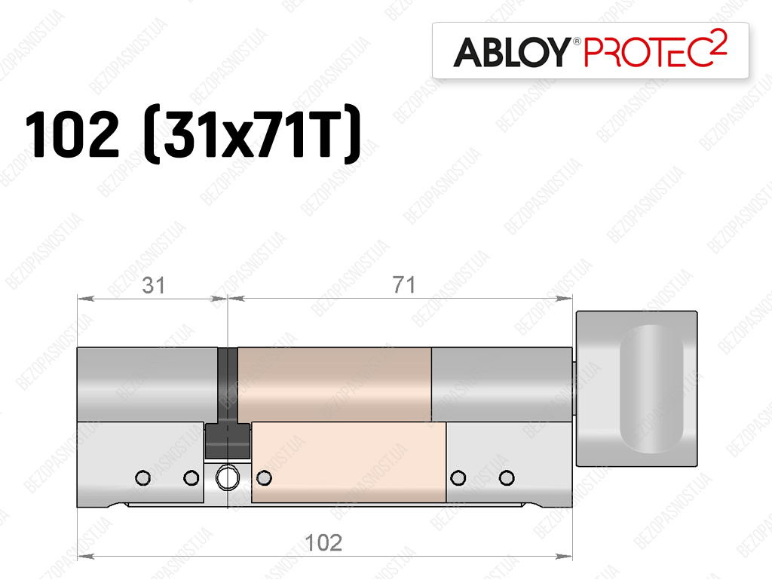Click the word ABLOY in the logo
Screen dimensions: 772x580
point(512,52)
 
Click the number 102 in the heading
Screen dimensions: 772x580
point(72,134)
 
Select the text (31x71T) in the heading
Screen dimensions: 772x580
point(253,133)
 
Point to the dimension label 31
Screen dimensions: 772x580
point(153,286)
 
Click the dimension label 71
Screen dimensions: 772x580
point(404,285)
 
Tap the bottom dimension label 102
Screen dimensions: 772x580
point(323,542)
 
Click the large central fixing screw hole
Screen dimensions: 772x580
point(228,477)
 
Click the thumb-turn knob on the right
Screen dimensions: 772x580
point(636,388)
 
